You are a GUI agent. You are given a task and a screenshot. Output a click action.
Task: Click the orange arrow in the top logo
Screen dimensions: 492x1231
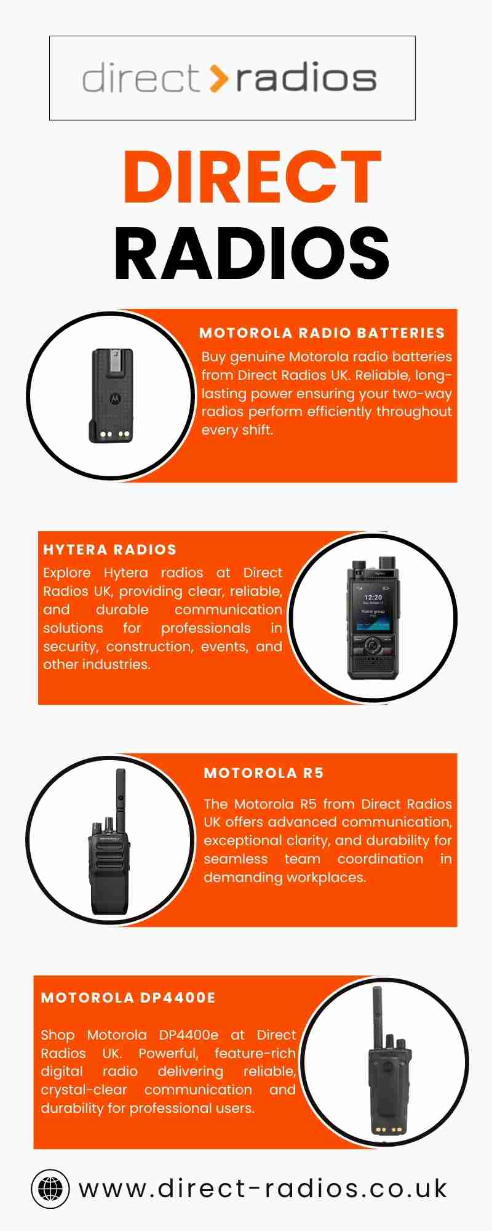[x=218, y=78]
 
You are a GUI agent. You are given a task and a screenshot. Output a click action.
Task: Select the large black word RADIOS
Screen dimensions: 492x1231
[x=252, y=253]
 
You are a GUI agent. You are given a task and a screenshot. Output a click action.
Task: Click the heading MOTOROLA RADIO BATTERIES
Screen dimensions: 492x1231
[x=322, y=333]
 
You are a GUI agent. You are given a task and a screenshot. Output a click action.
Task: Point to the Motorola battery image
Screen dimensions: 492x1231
[x=112, y=395]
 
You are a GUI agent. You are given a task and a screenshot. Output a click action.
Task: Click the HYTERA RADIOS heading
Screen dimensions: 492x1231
[x=109, y=550]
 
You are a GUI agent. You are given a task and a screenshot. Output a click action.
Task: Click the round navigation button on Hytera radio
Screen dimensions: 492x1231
[x=372, y=646]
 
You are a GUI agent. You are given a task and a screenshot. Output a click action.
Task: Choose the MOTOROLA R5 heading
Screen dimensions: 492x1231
[x=264, y=773]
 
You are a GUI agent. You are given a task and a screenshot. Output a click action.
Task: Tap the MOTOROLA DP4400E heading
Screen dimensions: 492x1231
[x=129, y=998]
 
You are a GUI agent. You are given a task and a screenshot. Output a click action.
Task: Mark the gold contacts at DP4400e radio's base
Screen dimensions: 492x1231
[x=385, y=1129]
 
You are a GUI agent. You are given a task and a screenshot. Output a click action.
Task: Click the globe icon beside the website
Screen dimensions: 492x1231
[x=50, y=1189]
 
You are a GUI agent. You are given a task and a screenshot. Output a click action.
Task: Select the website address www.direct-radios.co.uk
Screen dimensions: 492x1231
[x=263, y=1189]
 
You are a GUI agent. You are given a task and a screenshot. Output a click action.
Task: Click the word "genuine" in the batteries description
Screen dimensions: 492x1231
[x=257, y=358]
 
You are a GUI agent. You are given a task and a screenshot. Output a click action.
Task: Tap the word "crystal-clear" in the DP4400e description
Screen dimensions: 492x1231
[x=84, y=1090]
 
